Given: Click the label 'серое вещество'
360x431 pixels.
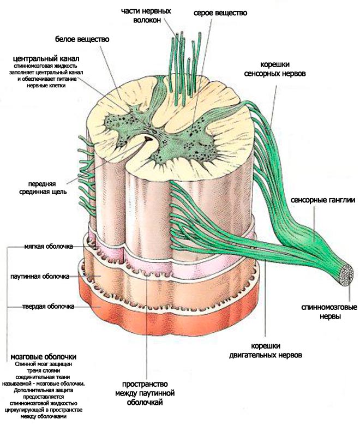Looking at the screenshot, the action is (x=220, y=13).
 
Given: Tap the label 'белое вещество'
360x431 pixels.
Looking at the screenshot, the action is (x=82, y=39).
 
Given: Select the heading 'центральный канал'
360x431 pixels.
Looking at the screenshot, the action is (x=46, y=58).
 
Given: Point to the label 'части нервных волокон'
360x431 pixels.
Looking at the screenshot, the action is (x=146, y=15).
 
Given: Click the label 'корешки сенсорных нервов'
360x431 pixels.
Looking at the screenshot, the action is (x=275, y=69).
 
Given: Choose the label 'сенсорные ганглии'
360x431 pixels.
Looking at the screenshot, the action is (x=323, y=200).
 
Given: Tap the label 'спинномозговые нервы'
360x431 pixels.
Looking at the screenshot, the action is (x=329, y=312).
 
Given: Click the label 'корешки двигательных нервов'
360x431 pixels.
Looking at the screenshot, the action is (x=266, y=350).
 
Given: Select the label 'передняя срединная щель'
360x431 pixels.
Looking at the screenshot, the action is (x=43, y=188).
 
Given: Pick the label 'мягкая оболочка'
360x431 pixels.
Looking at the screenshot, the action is (x=49, y=246).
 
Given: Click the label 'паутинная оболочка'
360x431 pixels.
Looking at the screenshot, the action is (x=40, y=276).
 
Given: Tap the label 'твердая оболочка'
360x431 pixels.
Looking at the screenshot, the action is (x=48, y=306).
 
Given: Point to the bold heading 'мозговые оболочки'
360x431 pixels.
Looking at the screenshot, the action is (x=44, y=357).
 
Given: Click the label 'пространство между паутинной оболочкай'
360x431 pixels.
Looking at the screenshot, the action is (x=145, y=393).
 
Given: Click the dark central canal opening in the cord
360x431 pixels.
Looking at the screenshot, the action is (x=149, y=139).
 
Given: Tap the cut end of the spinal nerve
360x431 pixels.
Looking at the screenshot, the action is (x=346, y=276).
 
